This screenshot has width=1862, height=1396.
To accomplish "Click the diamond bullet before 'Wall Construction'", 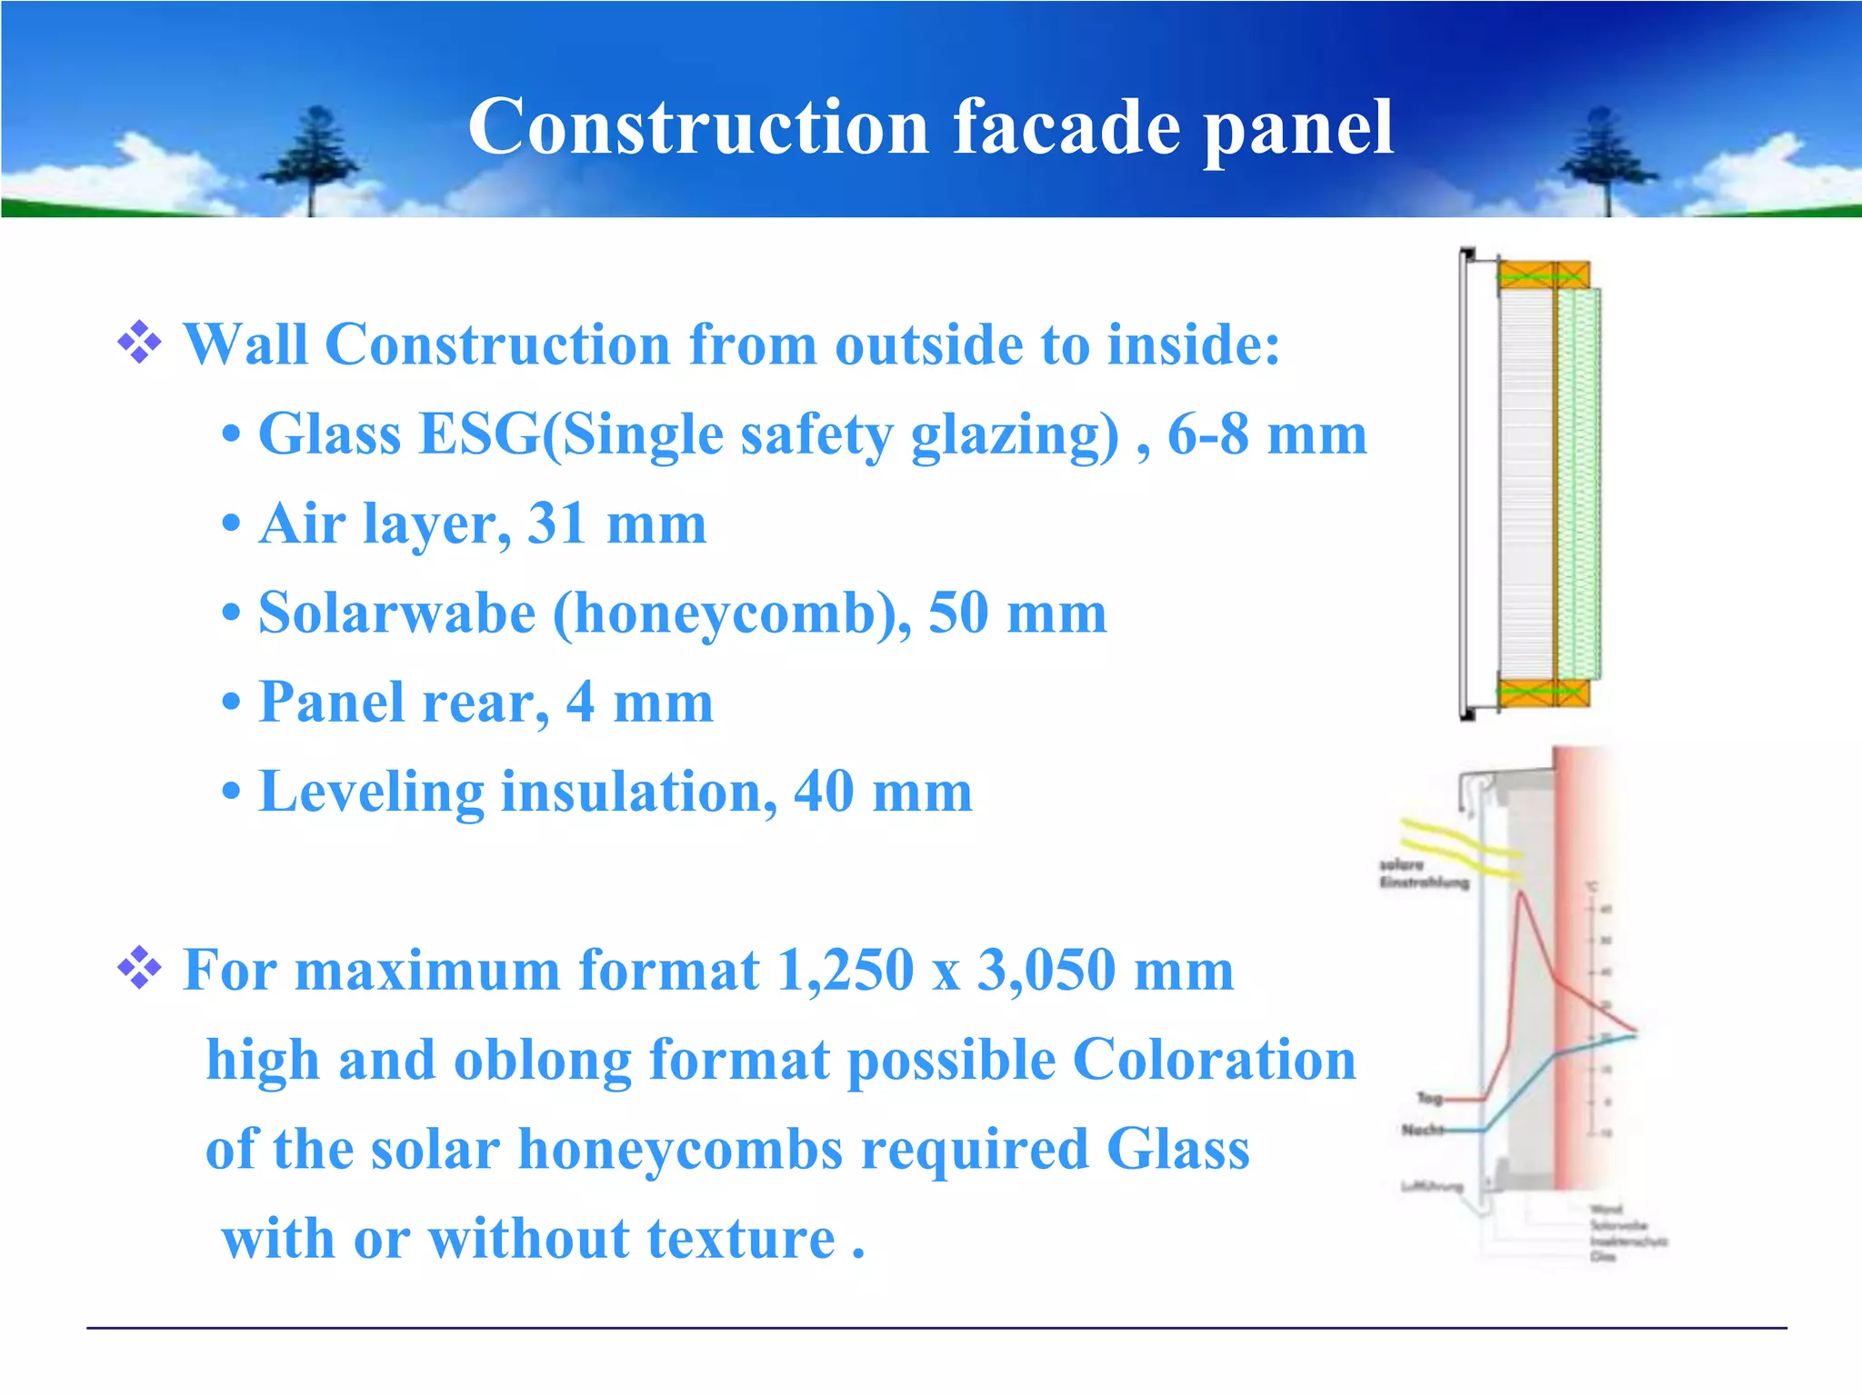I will [x=139, y=343].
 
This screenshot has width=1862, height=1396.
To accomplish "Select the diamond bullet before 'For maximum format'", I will [x=139, y=968].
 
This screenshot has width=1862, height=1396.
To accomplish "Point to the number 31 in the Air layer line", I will [x=556, y=523].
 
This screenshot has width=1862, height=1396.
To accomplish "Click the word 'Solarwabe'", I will [x=396, y=613].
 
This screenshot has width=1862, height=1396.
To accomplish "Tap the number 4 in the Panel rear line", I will [x=580, y=702].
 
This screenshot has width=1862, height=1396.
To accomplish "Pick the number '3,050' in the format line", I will [x=1046, y=970].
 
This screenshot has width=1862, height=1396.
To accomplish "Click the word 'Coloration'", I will [x=1214, y=1060].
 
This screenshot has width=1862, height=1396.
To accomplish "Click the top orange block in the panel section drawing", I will [x=1543, y=274].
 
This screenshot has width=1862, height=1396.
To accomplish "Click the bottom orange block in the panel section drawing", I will [x=1543, y=693].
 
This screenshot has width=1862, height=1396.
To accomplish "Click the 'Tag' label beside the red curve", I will [x=1429, y=1098].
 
